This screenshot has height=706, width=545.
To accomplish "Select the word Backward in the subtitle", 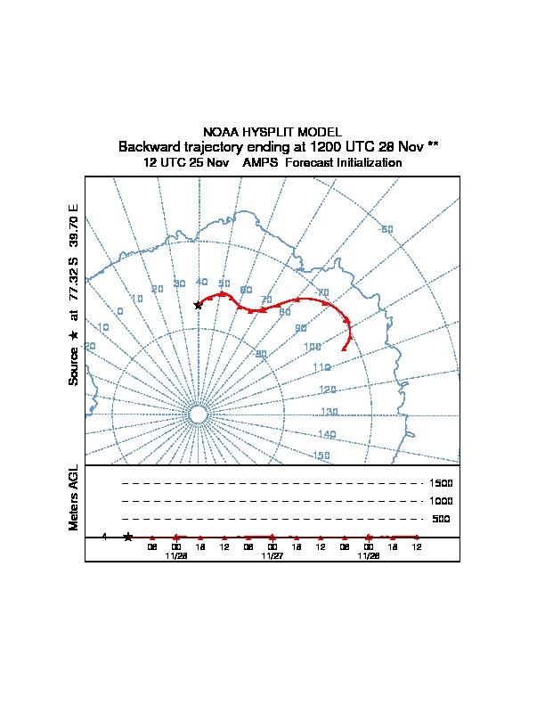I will coord(149,146).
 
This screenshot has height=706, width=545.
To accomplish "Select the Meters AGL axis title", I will coord(75,497).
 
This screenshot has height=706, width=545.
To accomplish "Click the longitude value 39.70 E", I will coord(75,226).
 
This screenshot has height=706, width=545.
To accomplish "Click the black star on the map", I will coord(199,305).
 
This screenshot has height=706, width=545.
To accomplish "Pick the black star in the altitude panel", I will coord(128,537).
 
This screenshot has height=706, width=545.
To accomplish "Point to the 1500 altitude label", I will coord(441,483).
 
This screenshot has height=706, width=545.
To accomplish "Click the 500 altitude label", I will coord(441,519).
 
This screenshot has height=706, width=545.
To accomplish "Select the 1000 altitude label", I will coord(441,501).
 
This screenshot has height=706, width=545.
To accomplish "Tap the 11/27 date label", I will coord(272,555).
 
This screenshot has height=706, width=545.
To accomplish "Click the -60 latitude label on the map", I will coord(386,230).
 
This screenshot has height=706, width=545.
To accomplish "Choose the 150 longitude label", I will coord(321,456).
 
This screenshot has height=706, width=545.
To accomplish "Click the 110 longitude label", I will coord(321,367).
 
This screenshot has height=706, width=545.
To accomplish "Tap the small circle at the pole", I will coord(199,415).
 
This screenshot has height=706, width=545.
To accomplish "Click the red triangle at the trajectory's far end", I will coord(345,349).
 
